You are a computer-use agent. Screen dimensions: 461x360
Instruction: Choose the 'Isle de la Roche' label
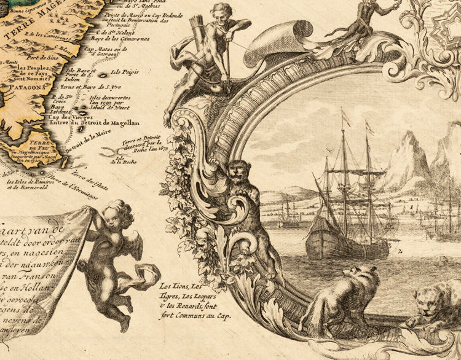tap(120, 160)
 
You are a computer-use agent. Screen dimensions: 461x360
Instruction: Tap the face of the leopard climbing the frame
tap(237, 171)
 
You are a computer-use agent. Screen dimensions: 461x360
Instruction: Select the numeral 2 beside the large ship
tap(400, 251)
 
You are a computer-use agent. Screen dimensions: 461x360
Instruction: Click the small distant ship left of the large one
tap(288, 215)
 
